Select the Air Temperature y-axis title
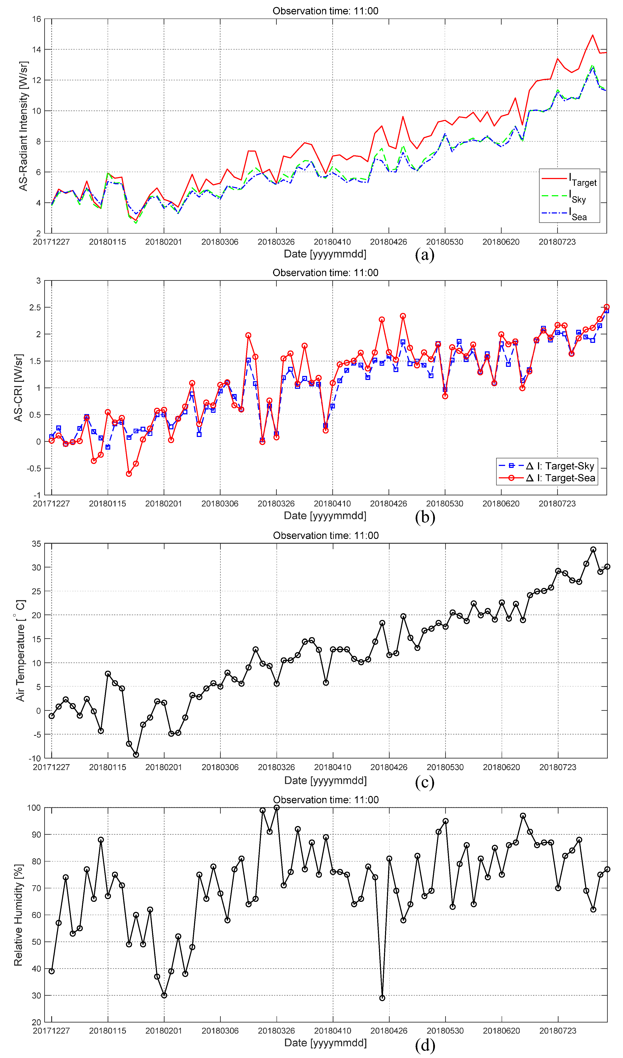click(20, 650)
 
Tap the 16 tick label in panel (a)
click(37, 19)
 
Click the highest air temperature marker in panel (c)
click(593, 550)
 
